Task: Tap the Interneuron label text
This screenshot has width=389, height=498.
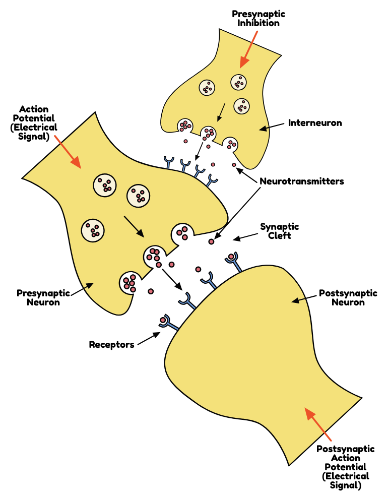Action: pos(315,122)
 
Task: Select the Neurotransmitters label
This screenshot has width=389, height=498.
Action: pos(302,181)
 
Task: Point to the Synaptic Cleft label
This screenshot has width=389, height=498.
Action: pos(279,231)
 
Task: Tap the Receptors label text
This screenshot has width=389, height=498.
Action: pos(111,345)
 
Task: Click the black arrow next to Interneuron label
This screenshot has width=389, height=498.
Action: pos(273,126)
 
